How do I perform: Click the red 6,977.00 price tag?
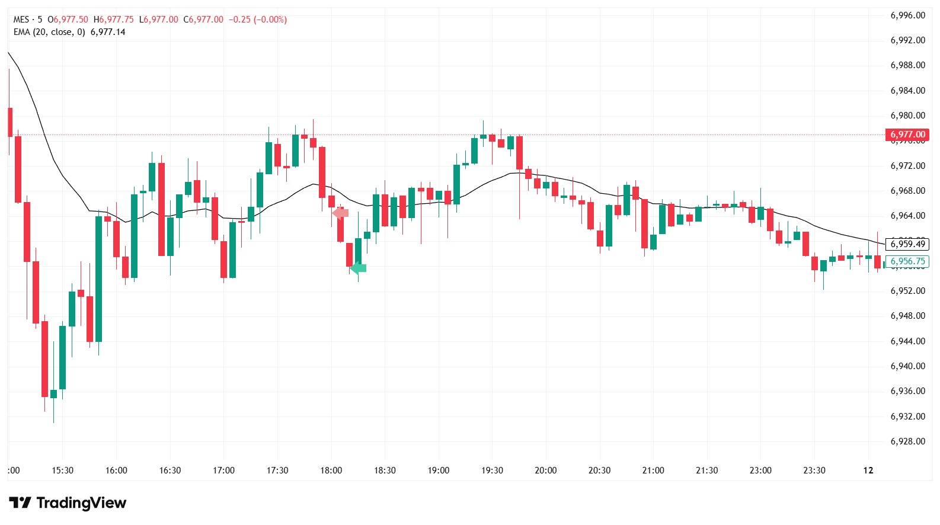pyautogui.click(x=907, y=135)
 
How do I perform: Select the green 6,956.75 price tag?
pyautogui.click(x=907, y=261)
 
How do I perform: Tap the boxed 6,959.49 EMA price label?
pyautogui.click(x=907, y=244)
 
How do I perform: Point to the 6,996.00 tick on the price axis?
pyautogui.click(x=907, y=15)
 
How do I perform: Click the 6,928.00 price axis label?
pyautogui.click(x=907, y=441)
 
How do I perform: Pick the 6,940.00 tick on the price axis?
pyautogui.click(x=907, y=366)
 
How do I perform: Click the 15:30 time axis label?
pyautogui.click(x=62, y=470)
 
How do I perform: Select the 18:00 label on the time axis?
pyautogui.click(x=331, y=470)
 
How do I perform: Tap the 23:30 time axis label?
pyautogui.click(x=814, y=470)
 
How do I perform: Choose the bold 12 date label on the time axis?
pyautogui.click(x=868, y=470)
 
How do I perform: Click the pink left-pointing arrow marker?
pyautogui.click(x=340, y=213)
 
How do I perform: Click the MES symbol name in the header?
pyautogui.click(x=21, y=20)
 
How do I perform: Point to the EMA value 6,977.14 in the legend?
pyautogui.click(x=108, y=32)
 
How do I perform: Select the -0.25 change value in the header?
pyautogui.click(x=241, y=20)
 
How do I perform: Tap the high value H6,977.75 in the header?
pyautogui.click(x=114, y=20)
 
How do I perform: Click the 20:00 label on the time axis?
pyautogui.click(x=545, y=470)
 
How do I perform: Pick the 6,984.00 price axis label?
pyautogui.click(x=907, y=91)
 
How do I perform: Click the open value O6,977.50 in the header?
pyautogui.click(x=68, y=20)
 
